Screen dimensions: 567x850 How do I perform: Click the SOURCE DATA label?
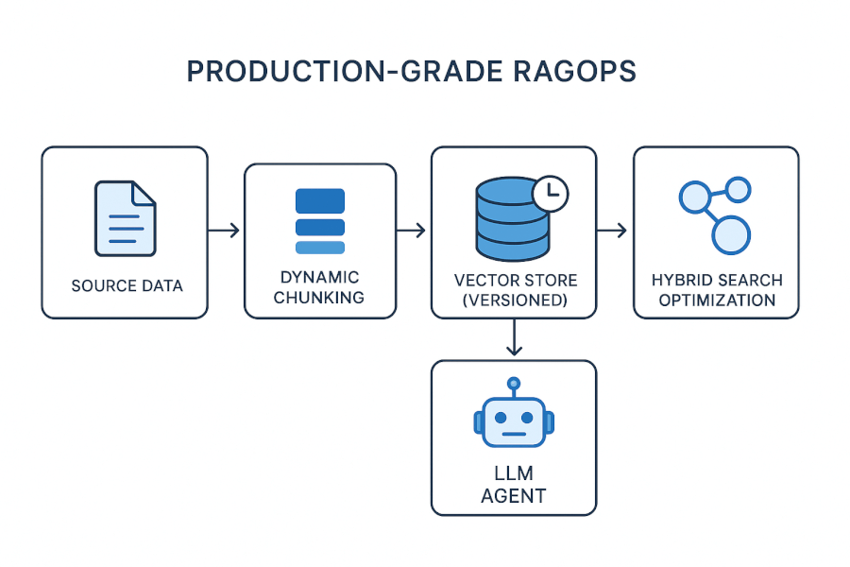(x=127, y=285)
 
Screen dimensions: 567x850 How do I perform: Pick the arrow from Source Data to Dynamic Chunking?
(x=224, y=231)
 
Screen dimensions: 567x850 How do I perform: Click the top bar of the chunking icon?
(x=320, y=200)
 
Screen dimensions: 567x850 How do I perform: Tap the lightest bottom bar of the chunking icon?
(x=320, y=248)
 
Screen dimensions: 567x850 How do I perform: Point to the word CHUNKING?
(x=320, y=297)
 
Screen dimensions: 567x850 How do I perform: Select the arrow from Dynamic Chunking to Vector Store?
(x=413, y=231)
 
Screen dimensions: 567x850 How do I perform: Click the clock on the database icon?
(x=551, y=193)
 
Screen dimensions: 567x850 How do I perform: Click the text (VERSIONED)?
(x=515, y=301)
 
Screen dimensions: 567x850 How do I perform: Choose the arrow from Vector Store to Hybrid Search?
(x=614, y=231)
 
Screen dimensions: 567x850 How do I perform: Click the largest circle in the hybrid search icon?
(x=730, y=234)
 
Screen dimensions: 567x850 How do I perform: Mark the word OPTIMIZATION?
(x=717, y=301)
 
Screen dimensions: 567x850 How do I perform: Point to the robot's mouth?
(x=514, y=434)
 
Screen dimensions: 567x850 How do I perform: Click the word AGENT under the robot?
(x=514, y=495)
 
